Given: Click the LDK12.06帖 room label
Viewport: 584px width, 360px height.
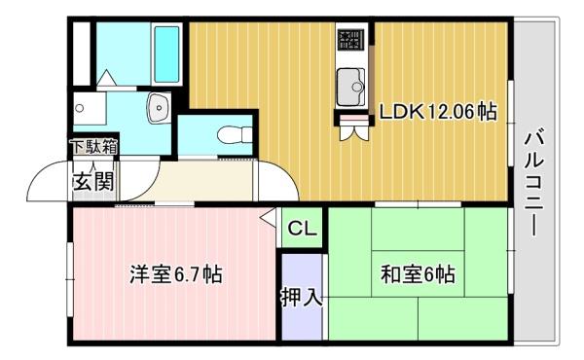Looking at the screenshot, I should click(438, 113).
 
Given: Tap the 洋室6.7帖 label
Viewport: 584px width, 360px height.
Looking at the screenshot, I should click(176, 275).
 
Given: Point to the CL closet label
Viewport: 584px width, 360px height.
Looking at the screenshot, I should click(302, 230).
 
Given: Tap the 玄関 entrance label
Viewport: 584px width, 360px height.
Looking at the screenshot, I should click(93, 180).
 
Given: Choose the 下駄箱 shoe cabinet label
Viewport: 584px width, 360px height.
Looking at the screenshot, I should click(93, 148).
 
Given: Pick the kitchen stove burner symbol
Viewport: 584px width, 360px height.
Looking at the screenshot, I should click(349, 40).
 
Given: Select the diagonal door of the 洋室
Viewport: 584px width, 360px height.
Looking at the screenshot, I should click(269, 220).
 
